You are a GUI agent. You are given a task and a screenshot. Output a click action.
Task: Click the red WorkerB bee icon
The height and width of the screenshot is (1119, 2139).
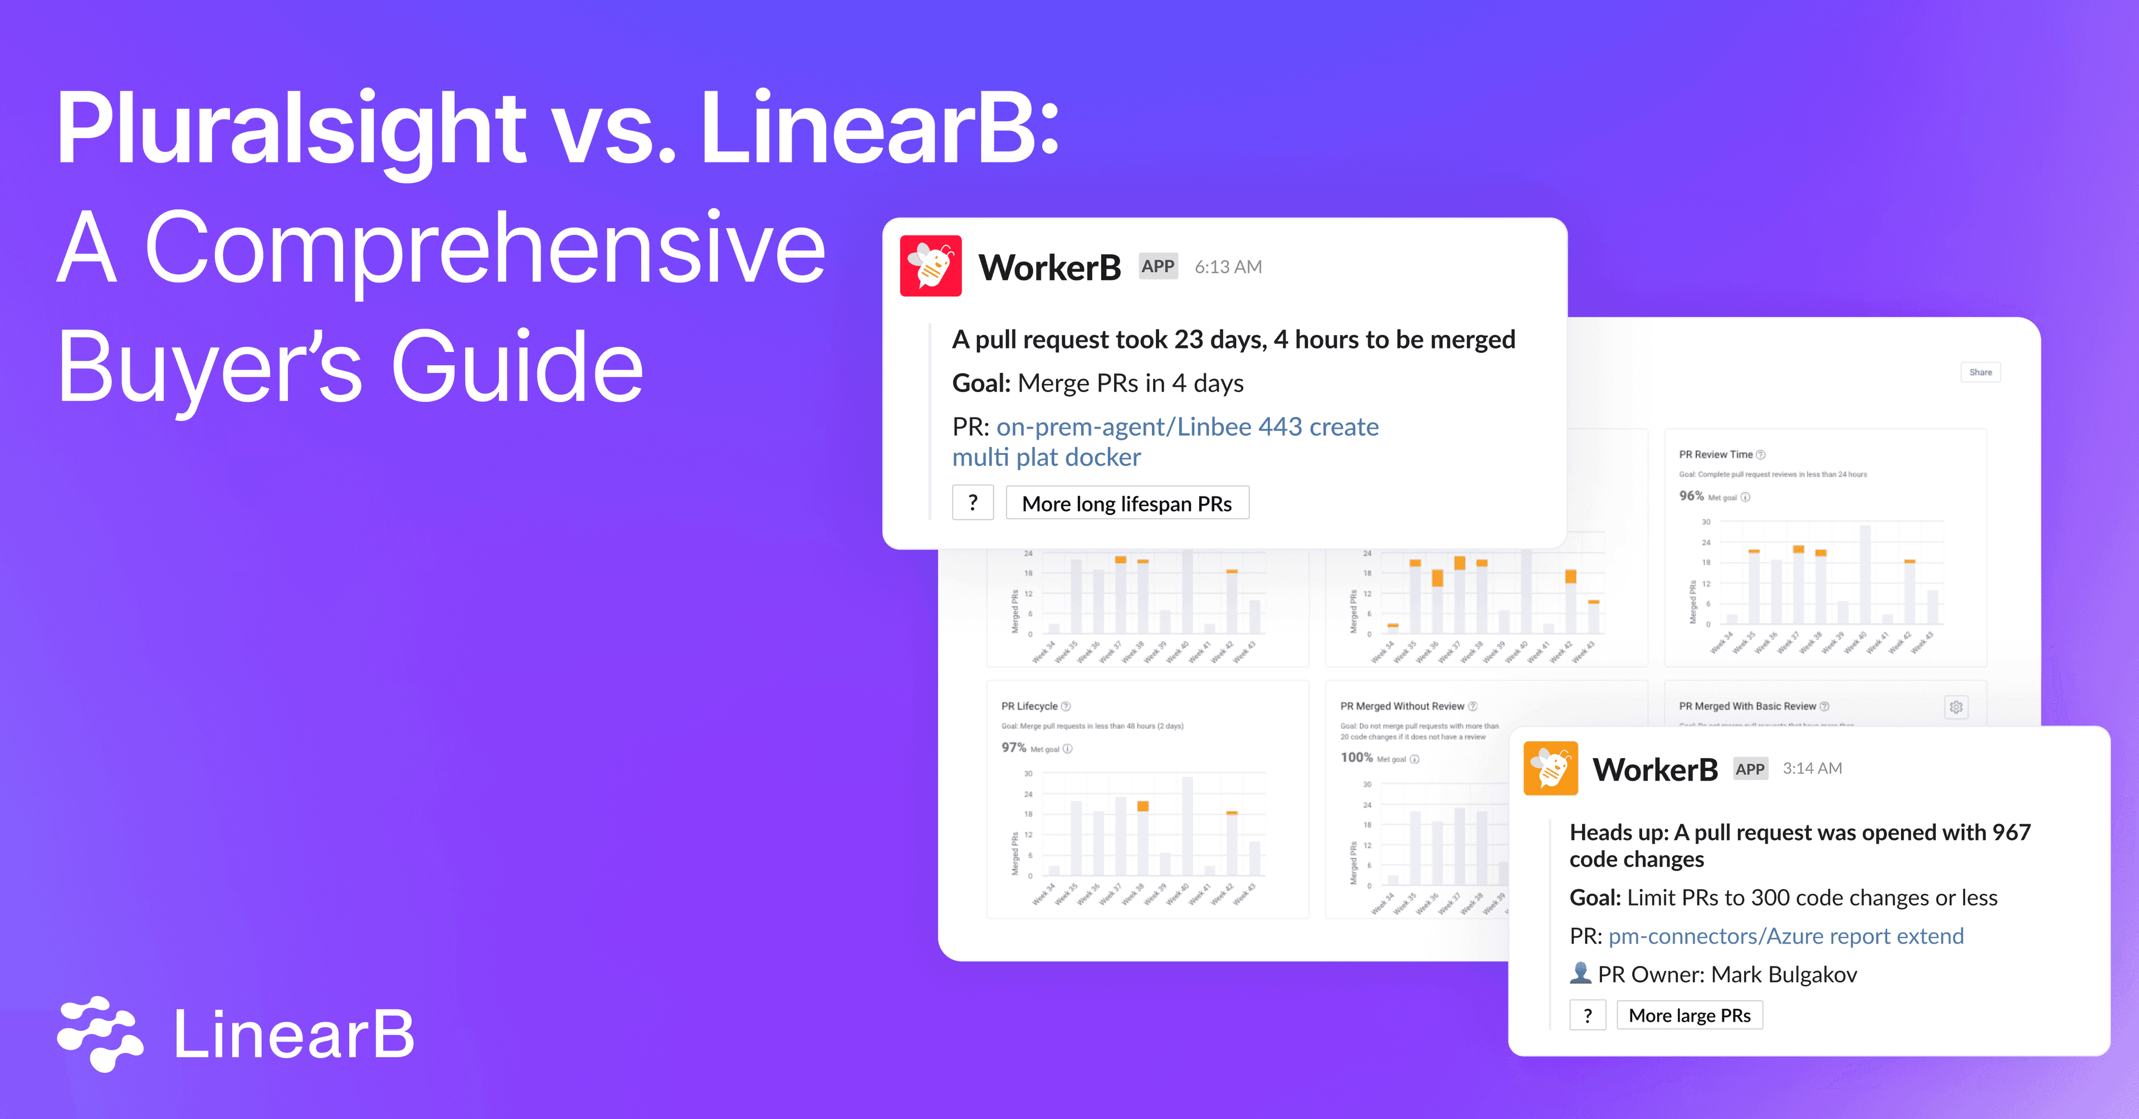point(930,266)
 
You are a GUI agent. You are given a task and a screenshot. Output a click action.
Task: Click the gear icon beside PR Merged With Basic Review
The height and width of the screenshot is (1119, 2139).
point(1956,707)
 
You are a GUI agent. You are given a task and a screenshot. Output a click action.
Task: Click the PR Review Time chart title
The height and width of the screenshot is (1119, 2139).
point(1716,455)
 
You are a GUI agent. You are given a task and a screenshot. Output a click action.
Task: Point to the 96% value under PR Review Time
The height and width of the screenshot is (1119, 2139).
point(1691,495)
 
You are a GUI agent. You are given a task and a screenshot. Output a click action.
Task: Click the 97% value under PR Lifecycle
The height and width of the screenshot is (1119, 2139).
point(1013,747)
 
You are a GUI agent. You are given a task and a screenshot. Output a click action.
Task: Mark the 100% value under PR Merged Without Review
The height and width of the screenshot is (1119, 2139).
point(1356,757)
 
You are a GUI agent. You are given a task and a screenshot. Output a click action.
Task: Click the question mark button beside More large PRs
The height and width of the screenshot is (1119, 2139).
point(1587,1015)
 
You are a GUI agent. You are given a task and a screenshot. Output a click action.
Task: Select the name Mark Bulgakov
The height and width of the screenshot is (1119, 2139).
point(1784,975)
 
